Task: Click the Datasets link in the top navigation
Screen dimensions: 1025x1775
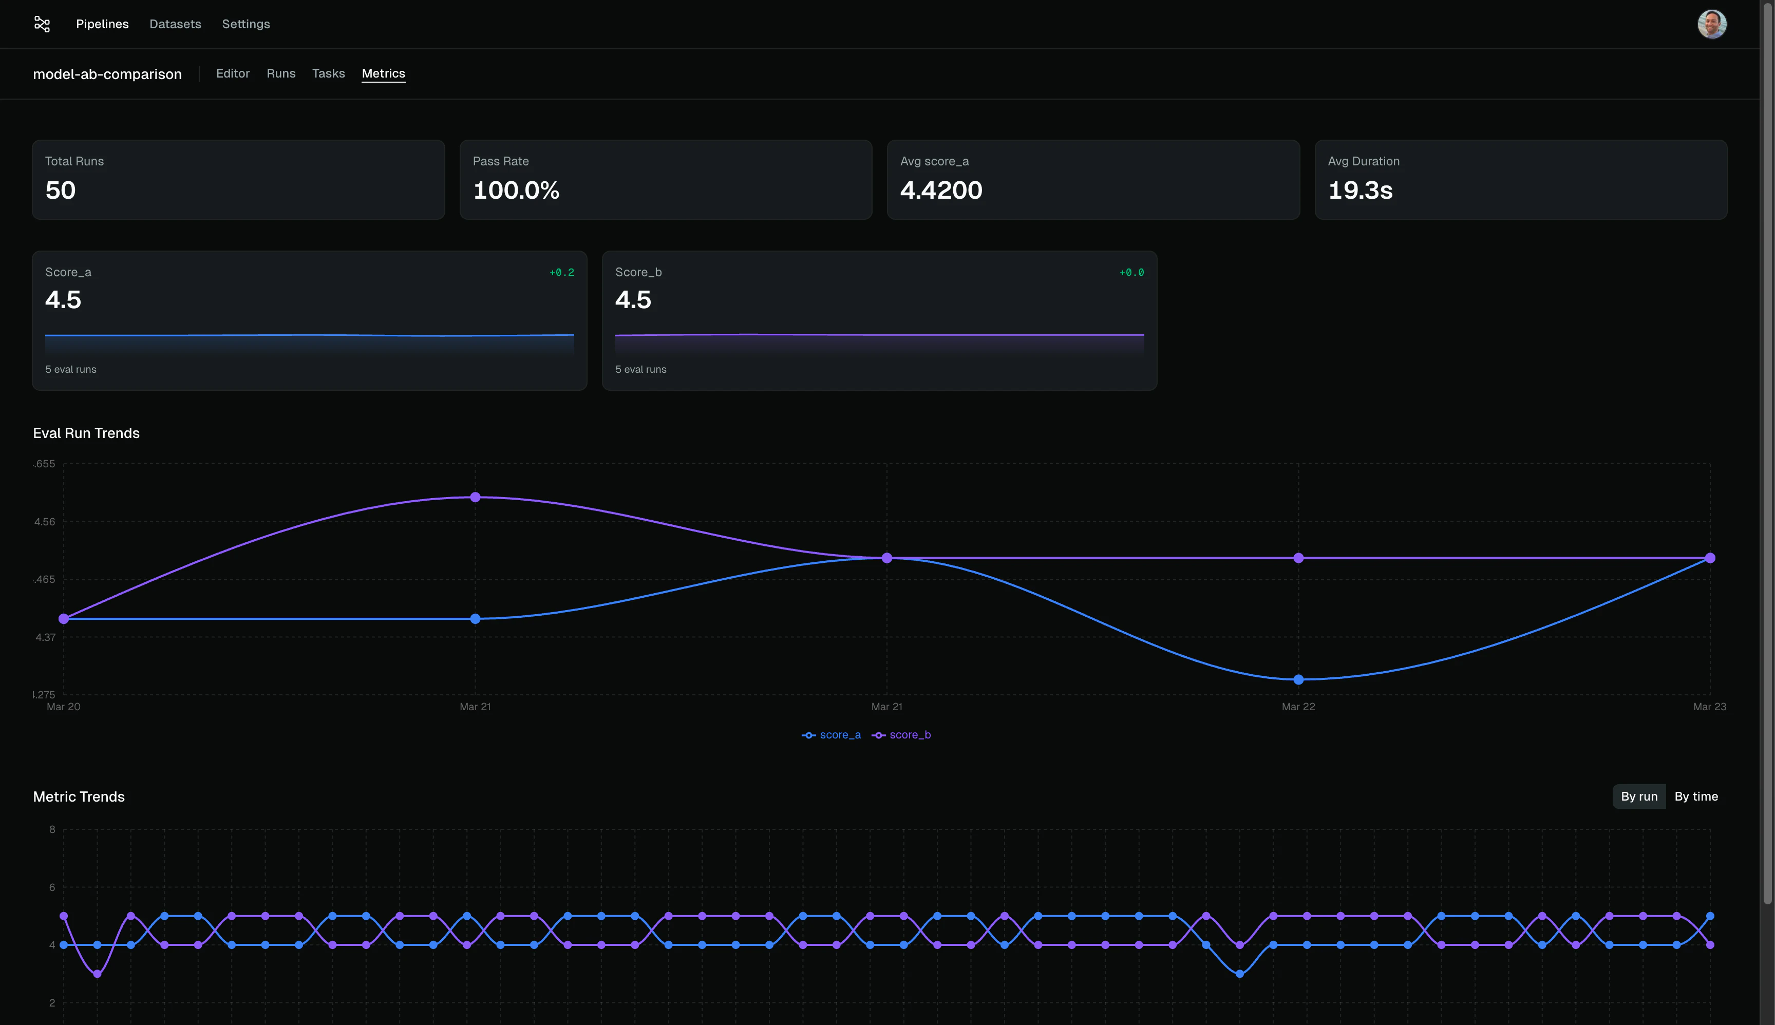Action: coord(175,24)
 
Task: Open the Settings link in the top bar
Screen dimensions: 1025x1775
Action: coord(246,24)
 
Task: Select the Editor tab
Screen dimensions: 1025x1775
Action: coord(232,73)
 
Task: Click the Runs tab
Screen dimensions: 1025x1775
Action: coord(281,73)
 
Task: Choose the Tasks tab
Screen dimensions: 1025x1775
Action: coord(328,73)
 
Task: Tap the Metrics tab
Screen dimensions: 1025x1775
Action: coord(383,73)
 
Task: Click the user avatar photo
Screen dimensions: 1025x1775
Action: coord(1712,24)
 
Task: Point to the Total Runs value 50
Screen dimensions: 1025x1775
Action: coord(61,190)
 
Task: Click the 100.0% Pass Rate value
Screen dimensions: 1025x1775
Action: coord(516,190)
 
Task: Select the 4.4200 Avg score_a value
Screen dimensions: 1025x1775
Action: coord(941,190)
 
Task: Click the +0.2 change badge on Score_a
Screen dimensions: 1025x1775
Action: coord(561,273)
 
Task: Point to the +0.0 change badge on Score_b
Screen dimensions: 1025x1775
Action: coord(1131,273)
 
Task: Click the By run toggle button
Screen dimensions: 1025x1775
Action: coord(1638,796)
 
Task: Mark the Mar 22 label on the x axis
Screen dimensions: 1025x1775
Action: coord(1298,707)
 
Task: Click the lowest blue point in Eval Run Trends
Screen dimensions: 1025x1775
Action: coord(1298,679)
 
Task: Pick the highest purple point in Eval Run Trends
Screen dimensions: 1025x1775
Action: coord(475,497)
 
